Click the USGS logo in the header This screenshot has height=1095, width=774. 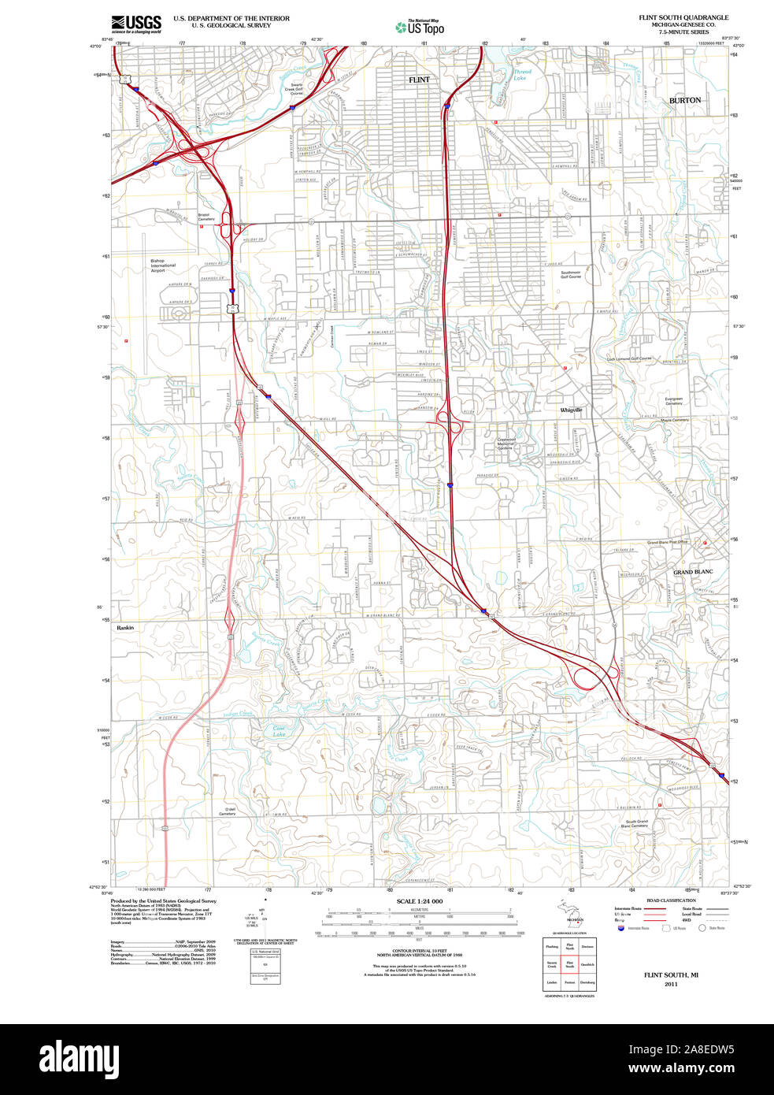click(x=135, y=23)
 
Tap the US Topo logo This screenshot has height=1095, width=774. click(x=420, y=28)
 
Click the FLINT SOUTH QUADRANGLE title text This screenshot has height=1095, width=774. click(x=683, y=17)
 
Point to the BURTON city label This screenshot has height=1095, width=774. click(x=684, y=100)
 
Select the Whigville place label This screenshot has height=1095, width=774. click(x=572, y=410)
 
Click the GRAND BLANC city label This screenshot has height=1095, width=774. click(x=693, y=572)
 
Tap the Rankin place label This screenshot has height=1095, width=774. click(x=125, y=628)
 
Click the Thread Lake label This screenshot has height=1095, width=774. click(x=521, y=75)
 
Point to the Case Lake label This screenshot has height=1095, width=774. click(x=279, y=731)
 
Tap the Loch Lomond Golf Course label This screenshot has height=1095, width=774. click(x=629, y=358)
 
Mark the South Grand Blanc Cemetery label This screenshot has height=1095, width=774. click(x=637, y=823)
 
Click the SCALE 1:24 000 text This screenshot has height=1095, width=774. click(x=419, y=901)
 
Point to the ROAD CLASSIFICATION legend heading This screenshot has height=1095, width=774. click(x=671, y=900)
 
